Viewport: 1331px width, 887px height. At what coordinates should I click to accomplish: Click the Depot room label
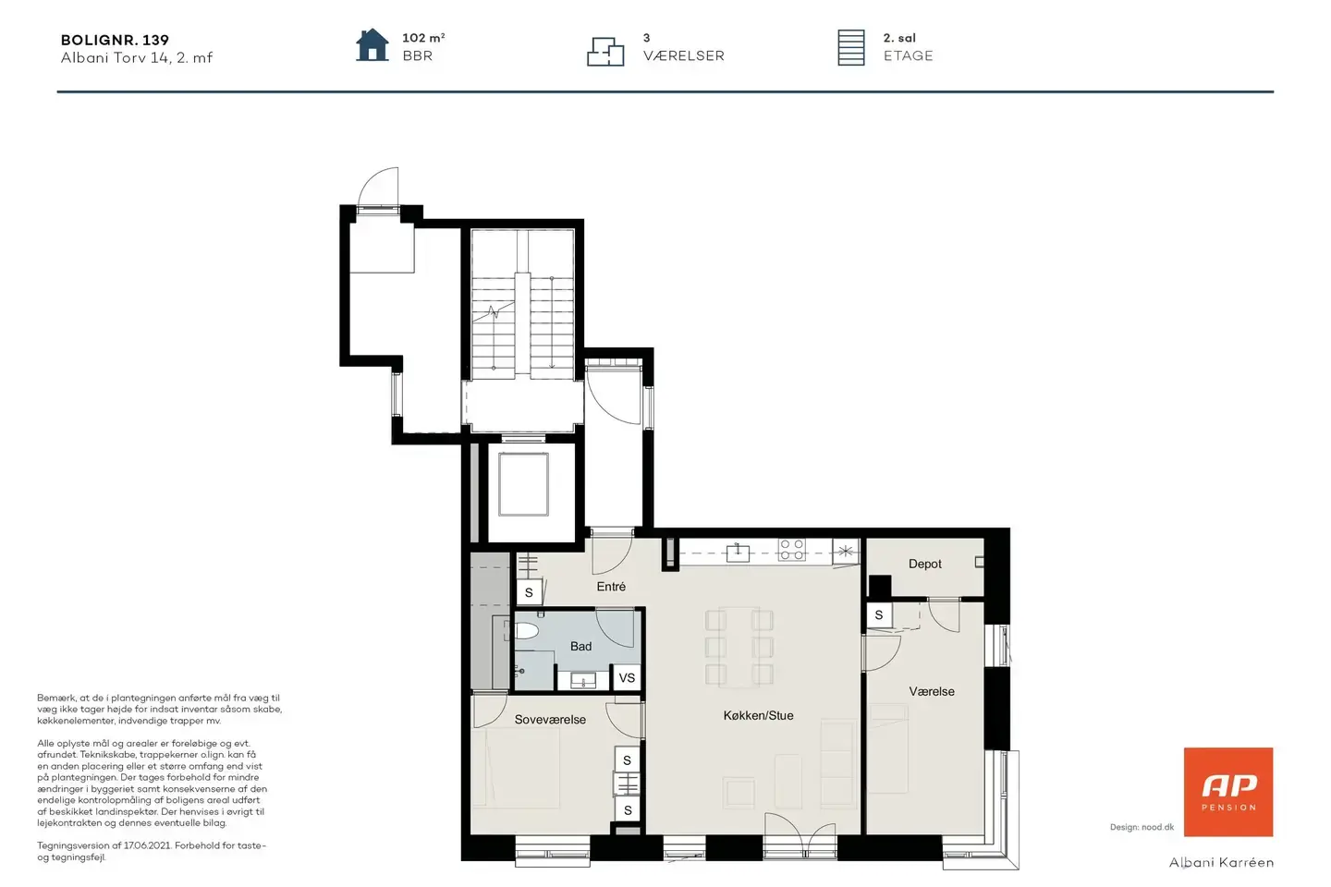click(x=924, y=564)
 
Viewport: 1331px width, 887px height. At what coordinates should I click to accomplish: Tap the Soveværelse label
click(x=550, y=720)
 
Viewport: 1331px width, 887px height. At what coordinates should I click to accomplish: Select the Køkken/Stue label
click(x=758, y=716)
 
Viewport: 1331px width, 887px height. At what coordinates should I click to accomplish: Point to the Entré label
click(x=611, y=587)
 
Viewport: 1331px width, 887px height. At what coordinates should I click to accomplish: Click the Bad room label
click(x=580, y=647)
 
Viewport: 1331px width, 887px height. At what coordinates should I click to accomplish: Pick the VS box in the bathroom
click(x=627, y=678)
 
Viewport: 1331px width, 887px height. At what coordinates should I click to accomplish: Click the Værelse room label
click(x=932, y=691)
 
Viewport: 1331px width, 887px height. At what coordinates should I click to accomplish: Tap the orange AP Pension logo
click(x=1228, y=792)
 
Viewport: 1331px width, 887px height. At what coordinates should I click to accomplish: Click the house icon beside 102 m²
click(x=372, y=45)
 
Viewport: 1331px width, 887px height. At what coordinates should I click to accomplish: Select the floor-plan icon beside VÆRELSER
click(x=605, y=52)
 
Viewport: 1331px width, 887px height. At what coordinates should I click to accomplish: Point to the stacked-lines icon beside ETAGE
click(x=851, y=47)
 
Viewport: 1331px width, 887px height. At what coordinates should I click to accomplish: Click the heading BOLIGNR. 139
click(x=115, y=40)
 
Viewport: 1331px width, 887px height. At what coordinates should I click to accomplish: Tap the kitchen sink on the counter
click(x=738, y=553)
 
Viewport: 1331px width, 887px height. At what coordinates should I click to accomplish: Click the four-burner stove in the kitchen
click(x=792, y=550)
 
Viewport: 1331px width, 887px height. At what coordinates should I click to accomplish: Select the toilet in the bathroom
click(x=525, y=630)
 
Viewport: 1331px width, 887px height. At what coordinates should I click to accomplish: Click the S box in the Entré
click(x=529, y=592)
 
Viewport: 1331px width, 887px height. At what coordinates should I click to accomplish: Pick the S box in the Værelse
click(x=879, y=615)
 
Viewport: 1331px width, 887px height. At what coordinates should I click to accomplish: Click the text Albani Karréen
click(x=1221, y=863)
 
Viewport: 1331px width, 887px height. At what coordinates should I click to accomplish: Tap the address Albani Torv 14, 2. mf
click(x=137, y=57)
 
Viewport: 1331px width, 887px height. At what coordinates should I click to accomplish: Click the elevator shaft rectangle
click(x=523, y=484)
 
